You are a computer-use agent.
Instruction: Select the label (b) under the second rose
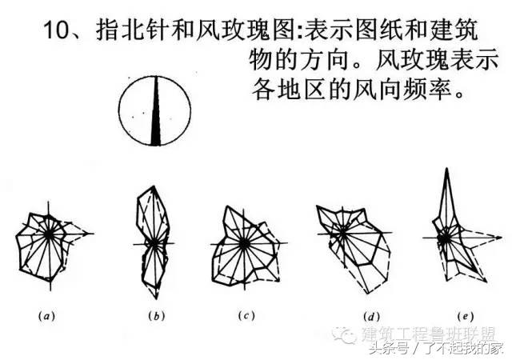click(x=155, y=315)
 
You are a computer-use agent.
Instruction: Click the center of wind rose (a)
click(x=50, y=234)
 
